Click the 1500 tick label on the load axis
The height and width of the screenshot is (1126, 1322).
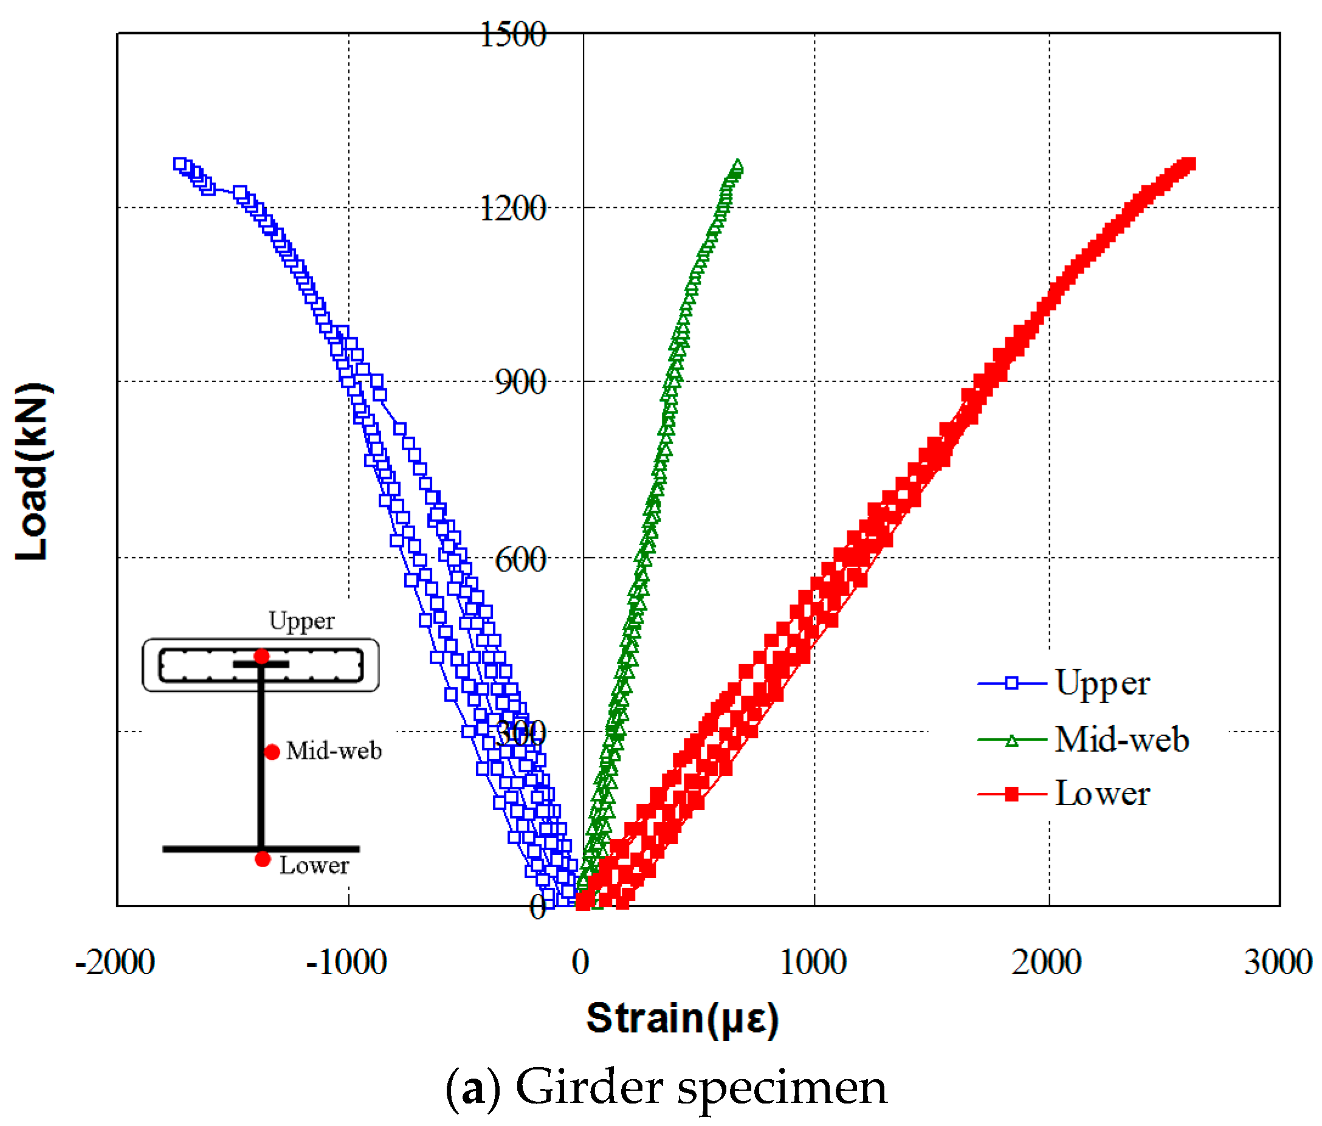[512, 35]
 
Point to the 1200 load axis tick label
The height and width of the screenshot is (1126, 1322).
[512, 208]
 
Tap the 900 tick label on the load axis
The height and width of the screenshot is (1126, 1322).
[520, 383]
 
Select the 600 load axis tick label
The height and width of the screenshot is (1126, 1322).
[520, 560]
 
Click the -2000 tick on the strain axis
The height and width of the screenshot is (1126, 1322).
[115, 963]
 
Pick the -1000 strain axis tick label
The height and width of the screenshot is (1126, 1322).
[346, 963]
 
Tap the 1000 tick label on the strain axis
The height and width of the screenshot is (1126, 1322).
[813, 963]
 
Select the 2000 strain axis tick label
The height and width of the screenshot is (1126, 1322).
[1047, 963]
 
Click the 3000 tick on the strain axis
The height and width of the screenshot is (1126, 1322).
[1278, 963]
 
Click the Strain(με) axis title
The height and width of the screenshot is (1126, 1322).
[682, 1019]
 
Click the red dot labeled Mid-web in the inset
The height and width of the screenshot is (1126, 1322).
[272, 753]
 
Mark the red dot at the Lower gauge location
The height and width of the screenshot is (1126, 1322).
[262, 859]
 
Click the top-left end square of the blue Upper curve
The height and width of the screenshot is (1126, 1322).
[180, 164]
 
